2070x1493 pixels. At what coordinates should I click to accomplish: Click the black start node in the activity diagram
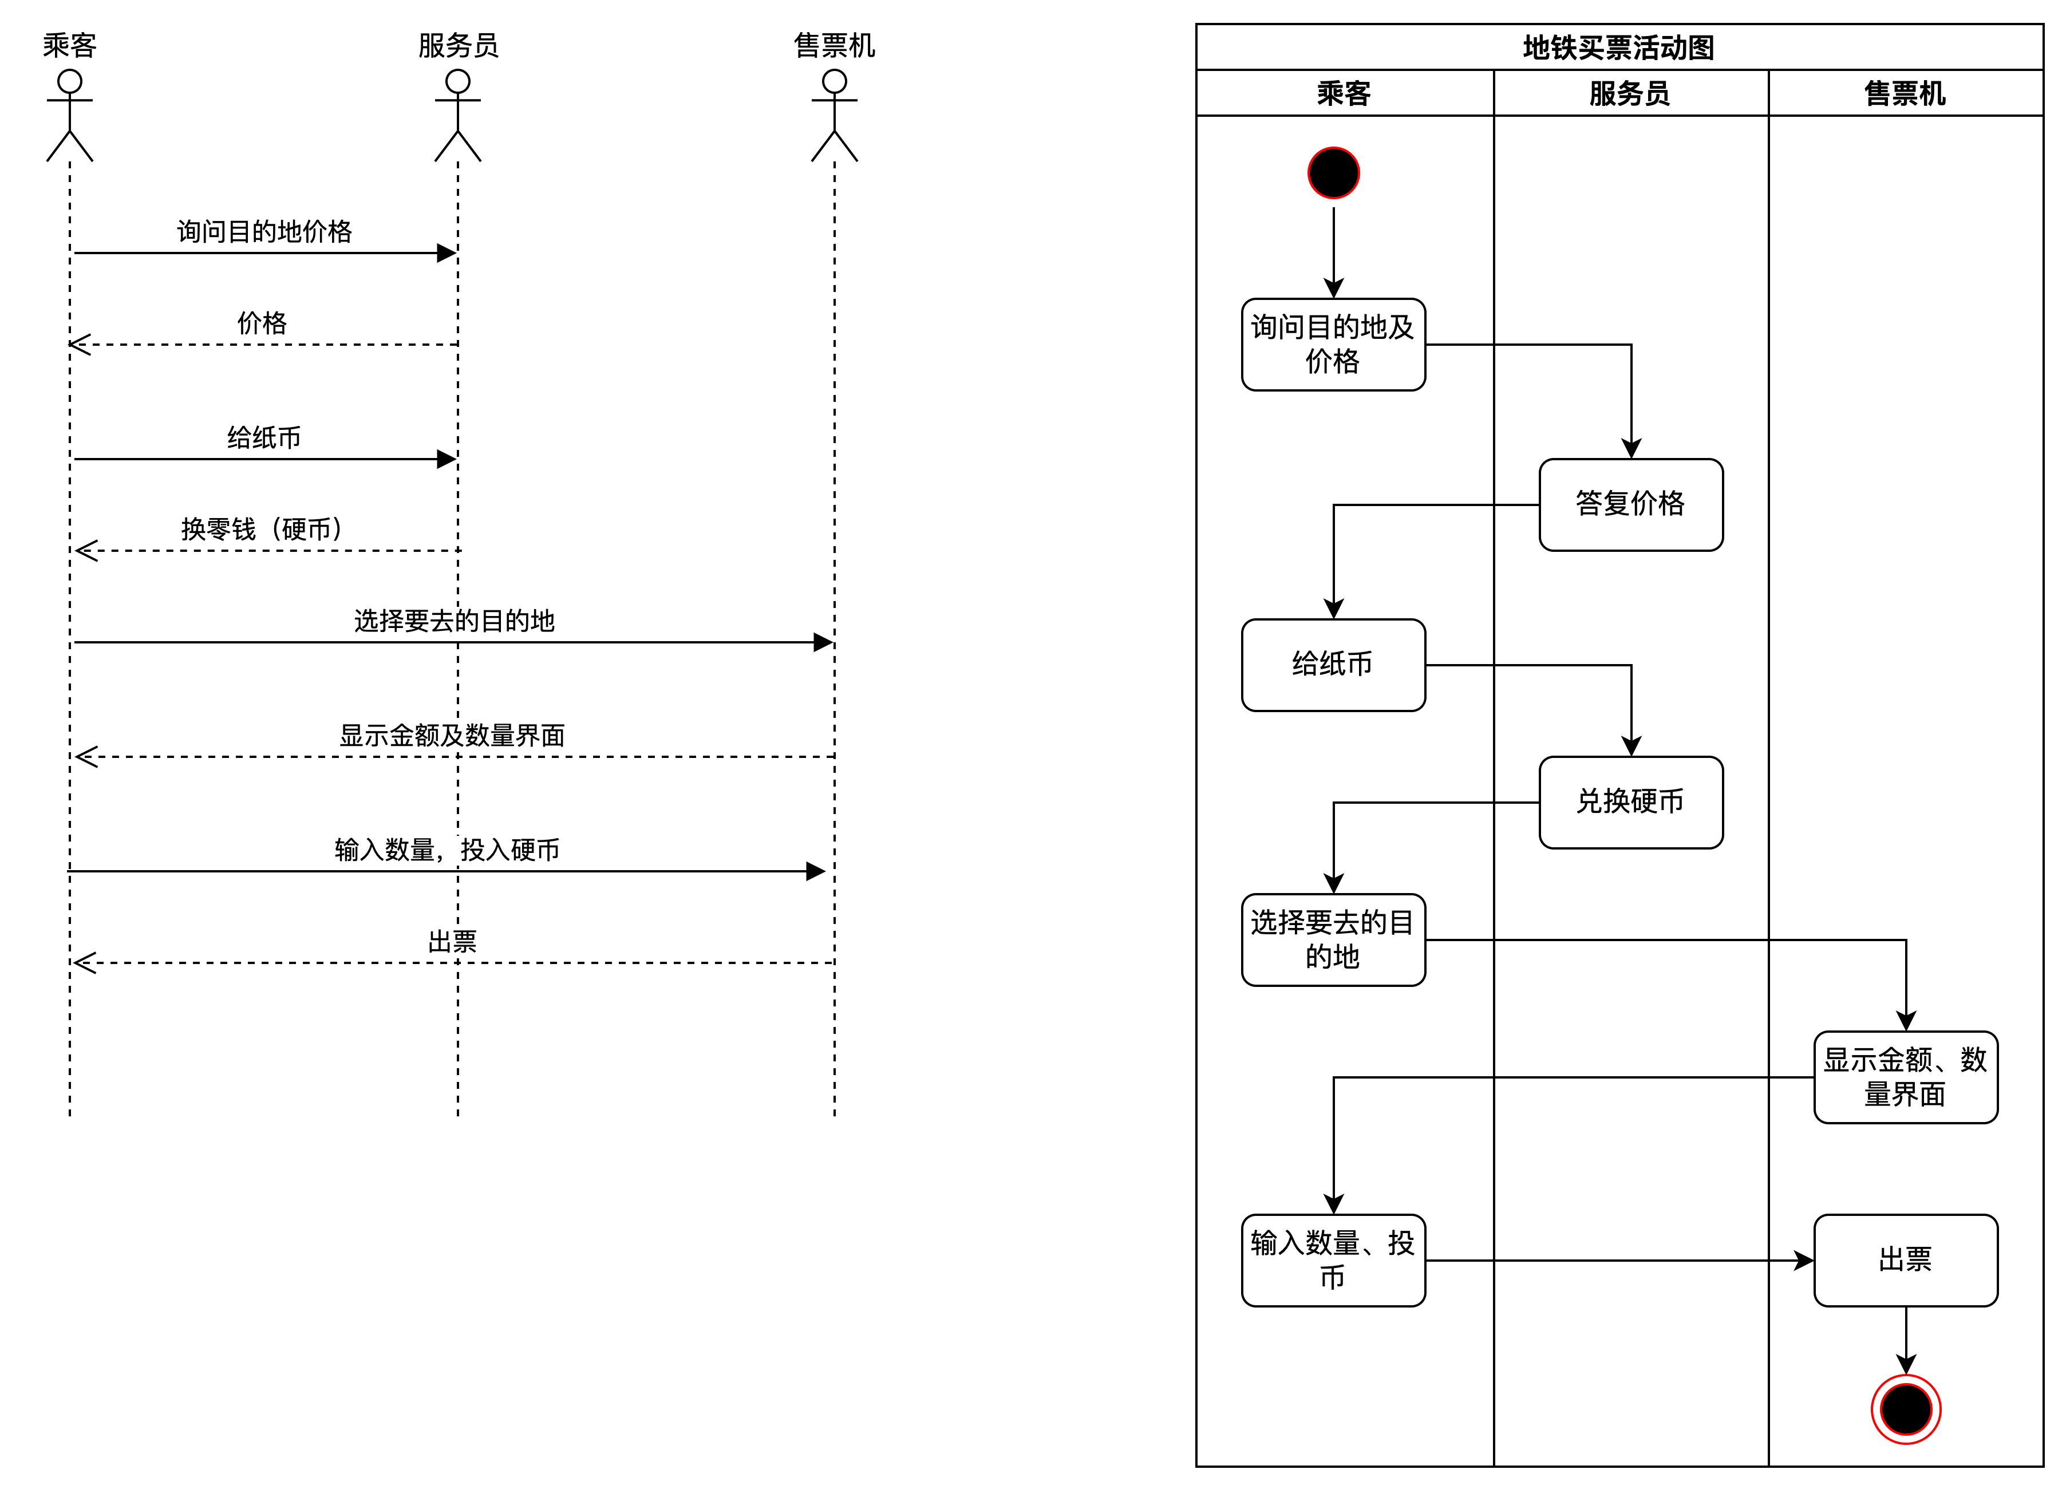[x=1333, y=172]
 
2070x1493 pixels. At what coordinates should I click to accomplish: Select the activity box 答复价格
[x=1631, y=505]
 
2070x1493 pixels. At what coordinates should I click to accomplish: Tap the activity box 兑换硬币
[x=1631, y=802]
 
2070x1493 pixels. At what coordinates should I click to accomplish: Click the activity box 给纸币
[x=1333, y=665]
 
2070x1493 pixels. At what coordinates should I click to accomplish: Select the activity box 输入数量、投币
[x=1333, y=1260]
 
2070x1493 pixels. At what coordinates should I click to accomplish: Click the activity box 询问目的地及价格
[x=1333, y=344]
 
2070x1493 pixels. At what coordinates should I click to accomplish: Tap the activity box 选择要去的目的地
[x=1333, y=940]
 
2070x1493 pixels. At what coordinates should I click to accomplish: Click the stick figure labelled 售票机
[x=834, y=116]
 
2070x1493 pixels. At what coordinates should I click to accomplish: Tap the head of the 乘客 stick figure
[x=69, y=82]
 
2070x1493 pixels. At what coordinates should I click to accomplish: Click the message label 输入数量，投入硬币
[x=447, y=850]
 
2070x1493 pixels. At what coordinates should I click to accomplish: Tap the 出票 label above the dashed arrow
[x=453, y=942]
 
